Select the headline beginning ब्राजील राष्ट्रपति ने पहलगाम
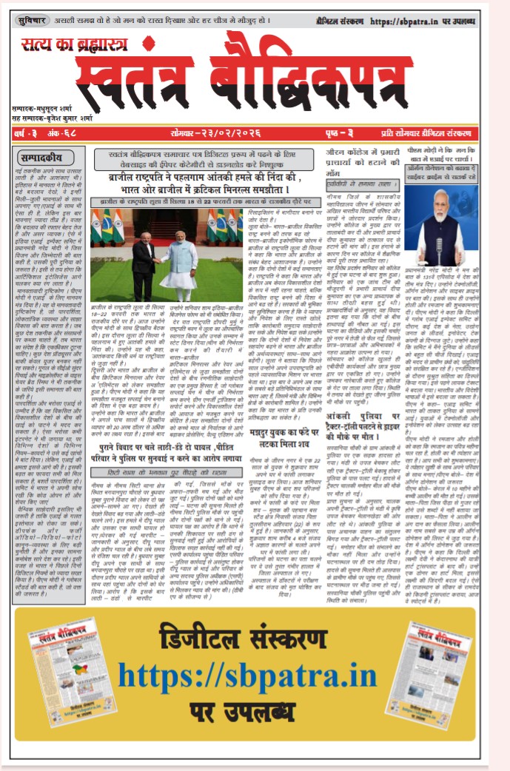[x=229, y=184]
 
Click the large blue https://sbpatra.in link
[x=256, y=675]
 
